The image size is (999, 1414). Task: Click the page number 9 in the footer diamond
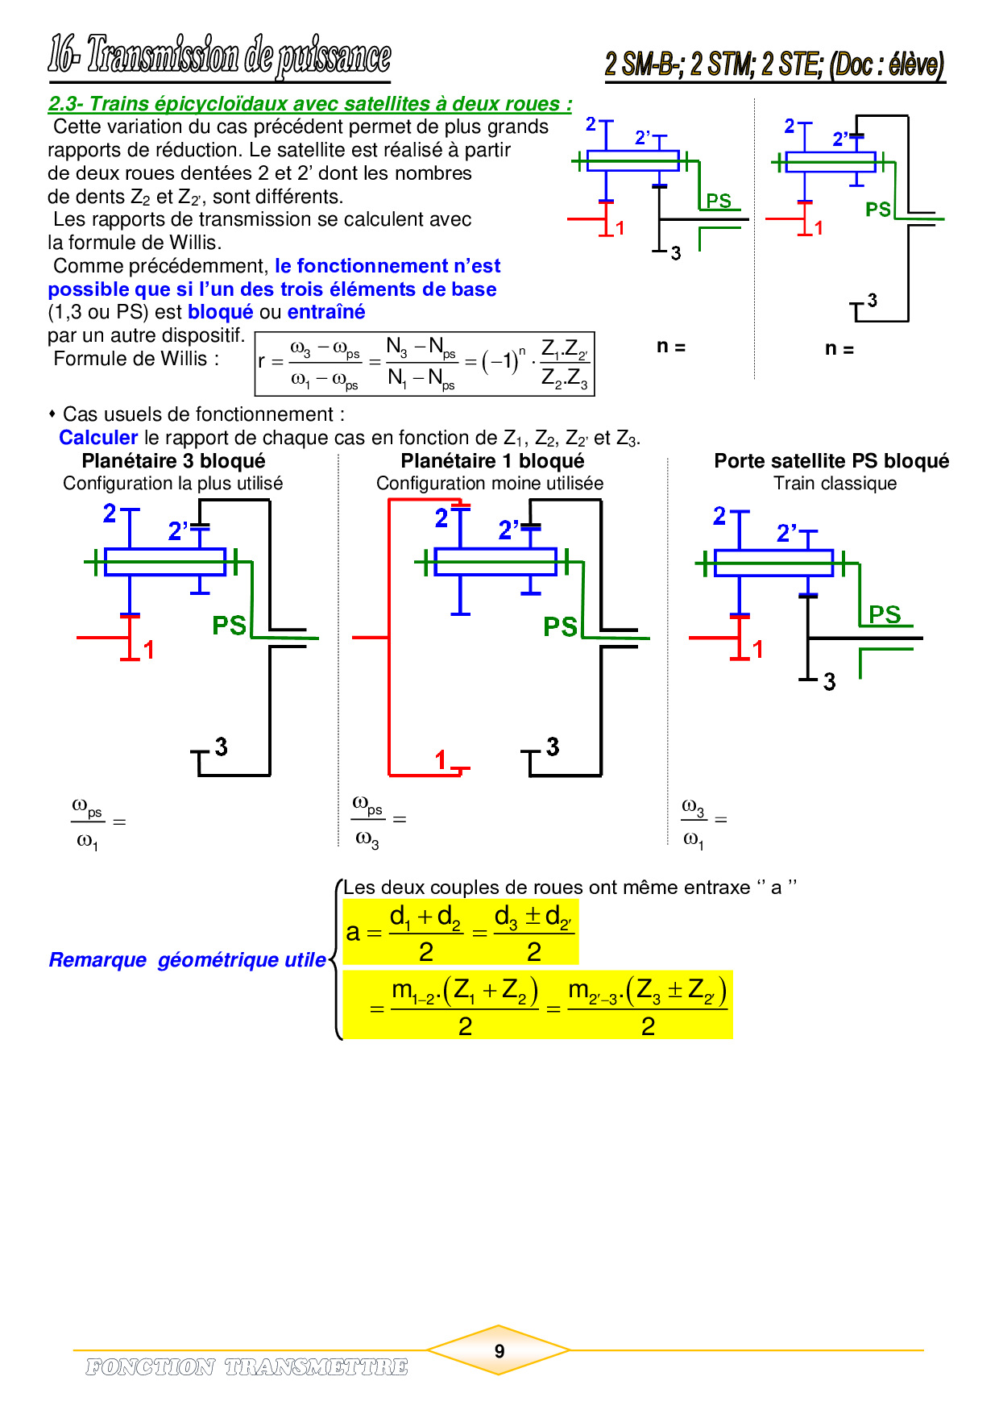point(499,1350)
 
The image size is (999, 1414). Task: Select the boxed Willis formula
point(425,364)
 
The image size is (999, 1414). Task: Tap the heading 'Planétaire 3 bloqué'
point(173,461)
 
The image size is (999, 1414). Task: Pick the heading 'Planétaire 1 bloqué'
point(492,461)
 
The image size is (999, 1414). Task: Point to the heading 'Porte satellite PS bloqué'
point(831,461)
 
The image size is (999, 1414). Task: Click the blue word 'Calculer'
point(98,438)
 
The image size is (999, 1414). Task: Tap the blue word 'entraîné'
point(326,312)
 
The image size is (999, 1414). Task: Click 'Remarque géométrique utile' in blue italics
point(188,960)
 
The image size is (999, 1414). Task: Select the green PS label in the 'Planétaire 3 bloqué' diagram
point(229,626)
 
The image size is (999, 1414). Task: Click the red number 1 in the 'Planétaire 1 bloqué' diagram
point(441,759)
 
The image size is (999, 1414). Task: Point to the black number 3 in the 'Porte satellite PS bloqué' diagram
point(830,682)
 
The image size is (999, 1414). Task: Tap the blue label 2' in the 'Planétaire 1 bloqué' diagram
point(508,530)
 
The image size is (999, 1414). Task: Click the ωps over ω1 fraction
point(88,823)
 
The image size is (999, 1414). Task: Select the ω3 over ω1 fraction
point(694,822)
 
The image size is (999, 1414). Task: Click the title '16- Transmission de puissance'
point(219,56)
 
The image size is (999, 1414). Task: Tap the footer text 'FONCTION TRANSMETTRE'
point(247,1366)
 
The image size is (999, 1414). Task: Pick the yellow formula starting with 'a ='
point(460,933)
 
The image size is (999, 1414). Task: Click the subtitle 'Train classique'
point(835,484)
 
